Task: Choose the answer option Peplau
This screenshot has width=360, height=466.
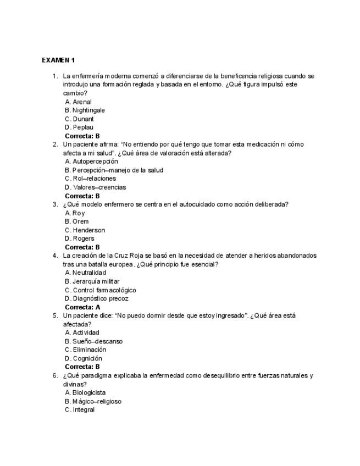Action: (x=83, y=127)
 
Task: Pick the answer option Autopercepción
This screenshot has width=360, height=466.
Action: (x=95, y=162)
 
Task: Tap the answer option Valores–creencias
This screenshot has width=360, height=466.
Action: (x=99, y=187)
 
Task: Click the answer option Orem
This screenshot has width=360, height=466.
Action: (x=80, y=221)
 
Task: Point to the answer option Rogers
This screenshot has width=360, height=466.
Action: (x=83, y=238)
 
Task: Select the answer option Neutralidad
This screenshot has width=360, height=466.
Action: (x=89, y=273)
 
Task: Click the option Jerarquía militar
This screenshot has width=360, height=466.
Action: (x=96, y=281)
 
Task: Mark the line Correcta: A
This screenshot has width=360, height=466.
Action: (x=82, y=307)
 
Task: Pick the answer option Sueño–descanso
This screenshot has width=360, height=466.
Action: (x=97, y=341)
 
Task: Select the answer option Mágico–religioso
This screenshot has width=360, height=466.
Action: (x=97, y=401)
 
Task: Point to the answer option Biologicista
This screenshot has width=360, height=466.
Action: (x=89, y=392)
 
